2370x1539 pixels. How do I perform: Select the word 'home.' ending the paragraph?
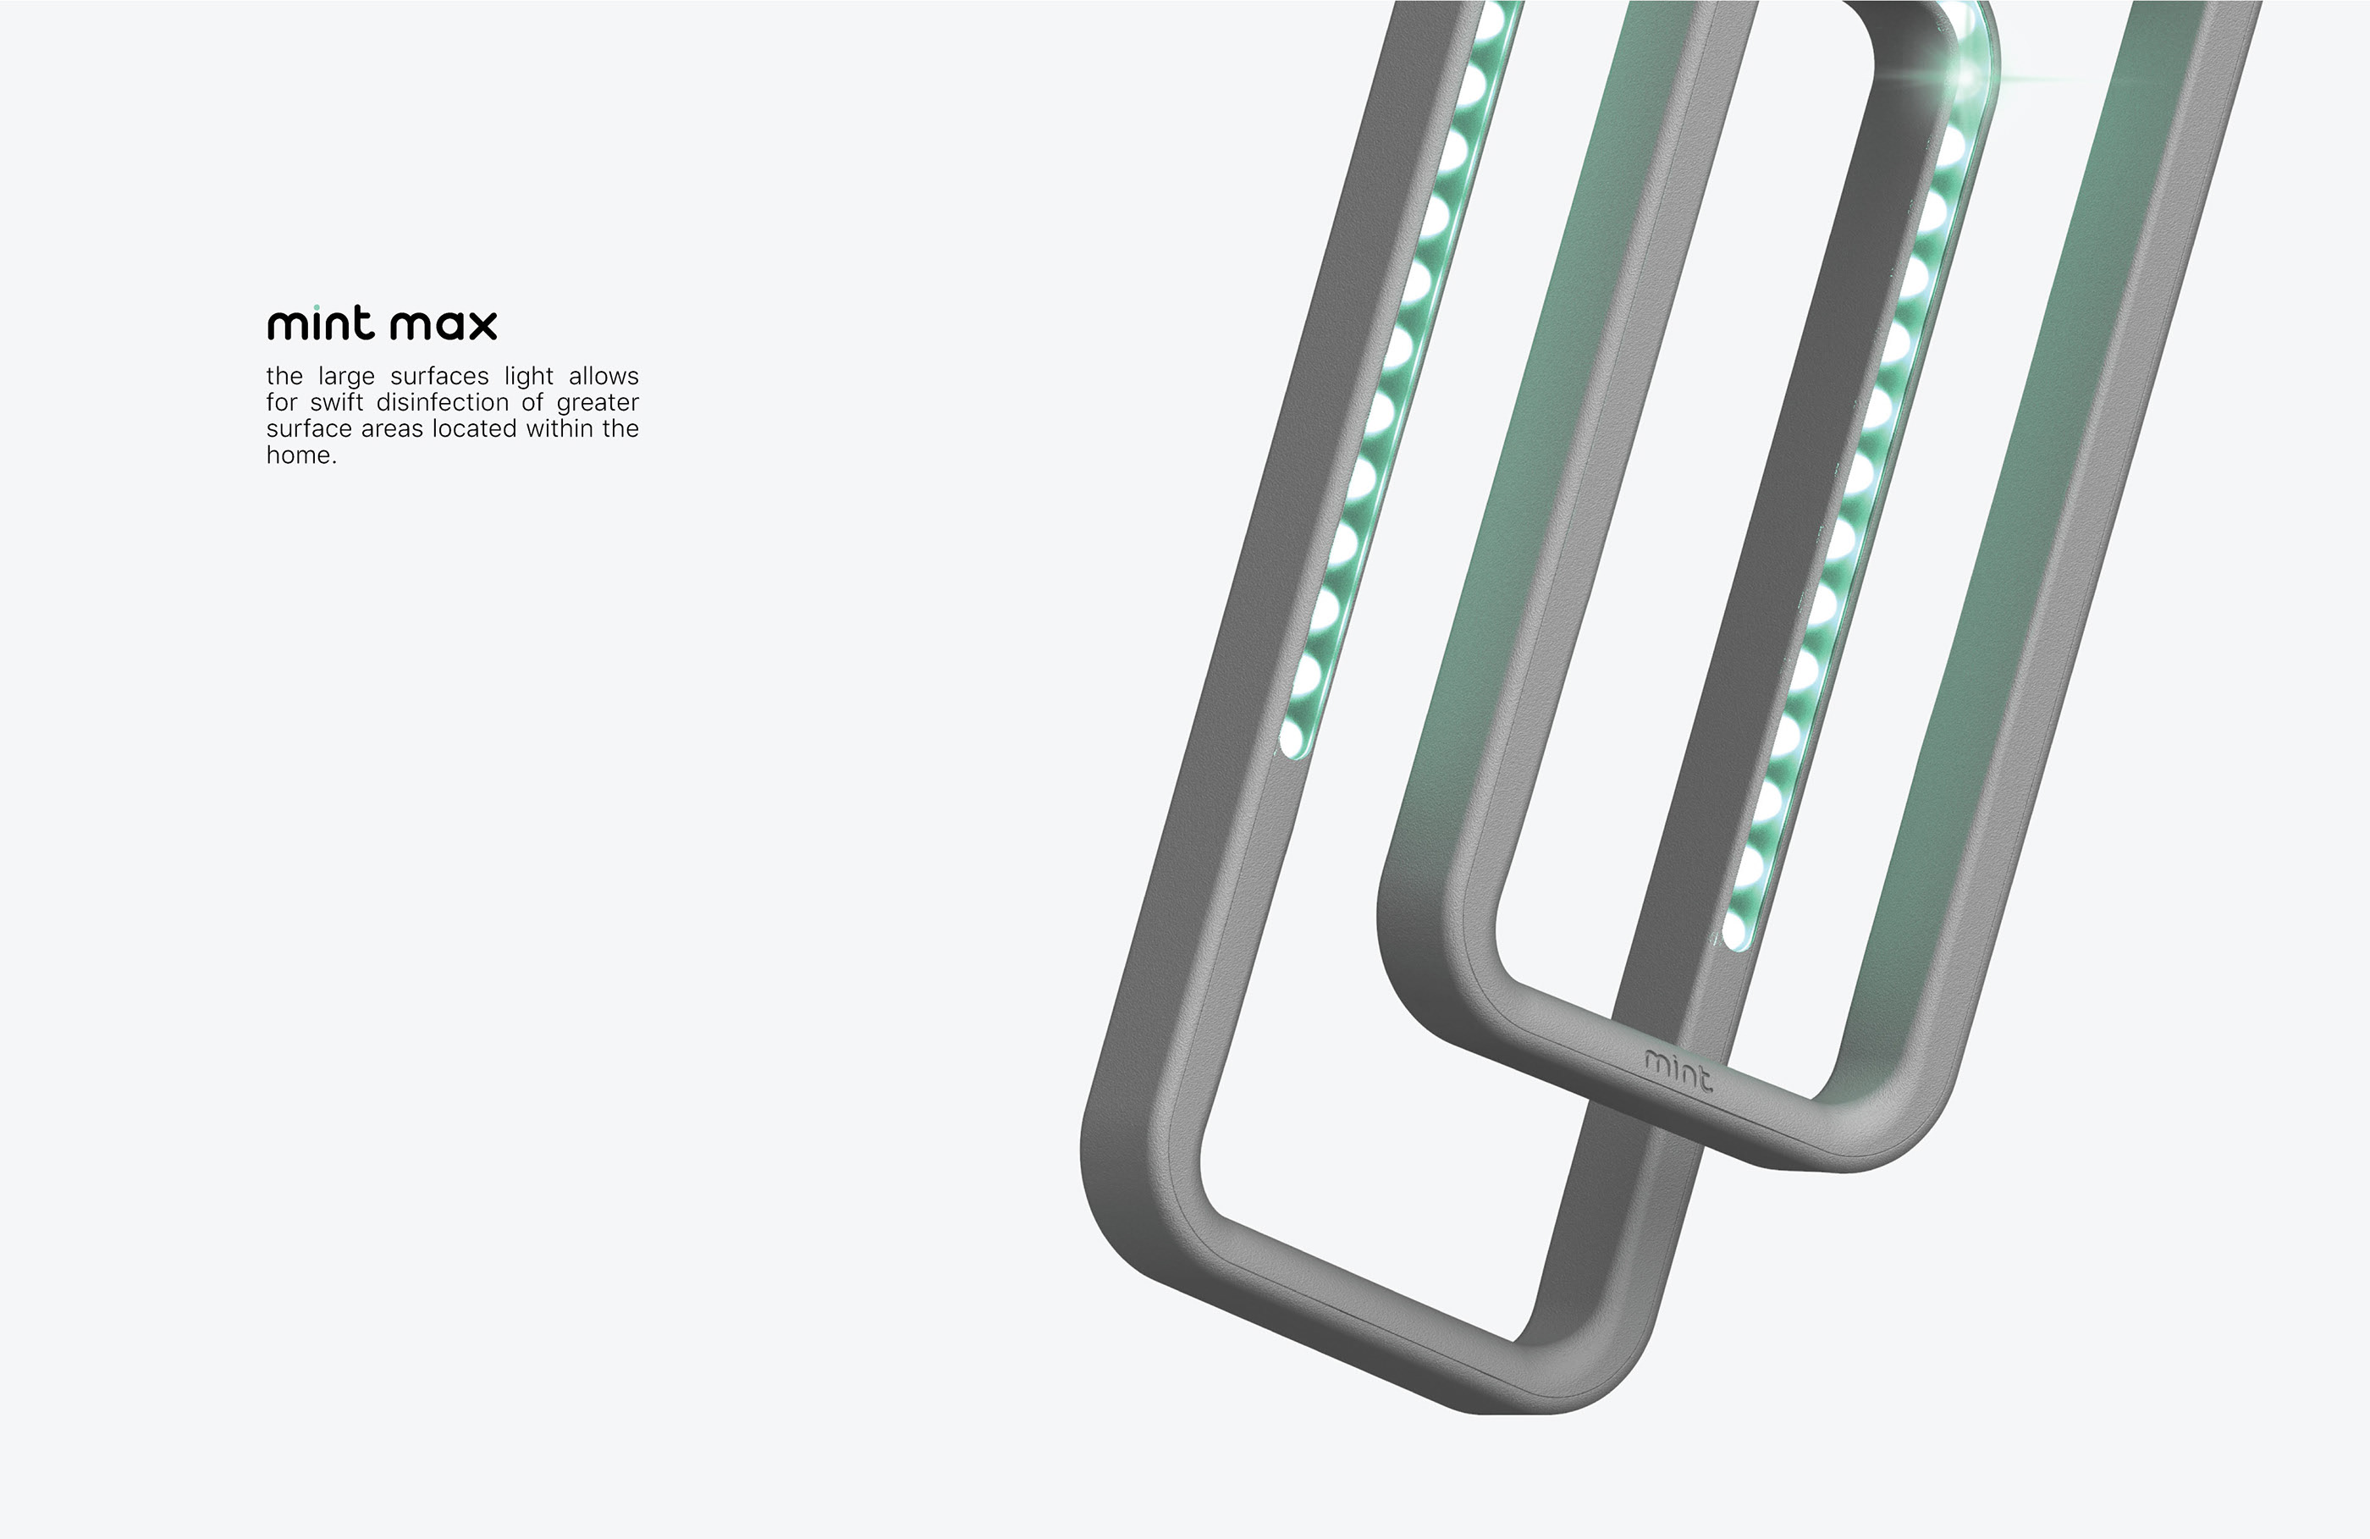(300, 455)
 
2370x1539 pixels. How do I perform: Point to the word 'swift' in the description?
(337, 402)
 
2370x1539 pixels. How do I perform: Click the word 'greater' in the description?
(598, 402)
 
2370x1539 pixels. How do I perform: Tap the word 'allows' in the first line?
(604, 377)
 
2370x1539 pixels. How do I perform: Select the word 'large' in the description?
(345, 377)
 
